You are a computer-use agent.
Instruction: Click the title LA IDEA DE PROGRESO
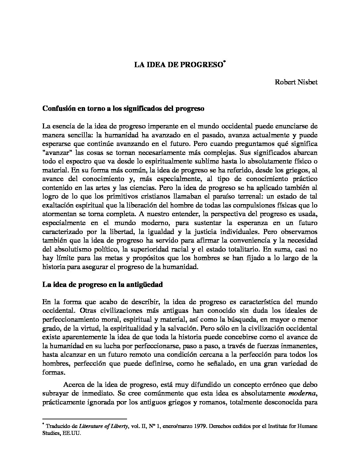tap(178, 65)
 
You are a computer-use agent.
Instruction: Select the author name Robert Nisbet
tap(296, 82)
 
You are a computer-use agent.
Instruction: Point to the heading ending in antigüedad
tap(103, 284)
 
